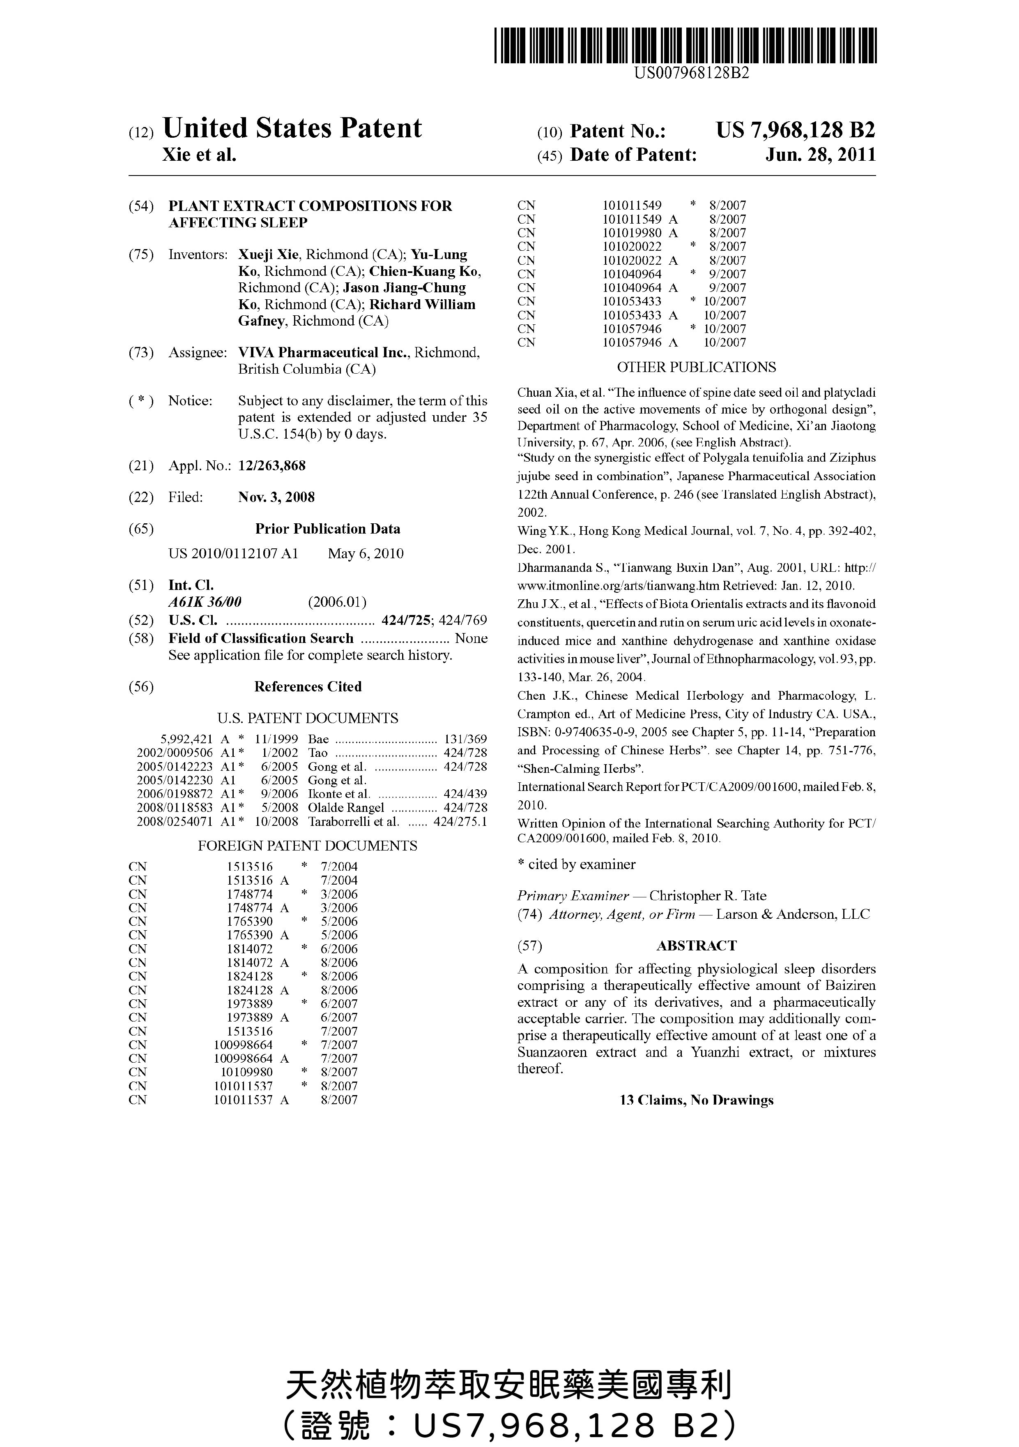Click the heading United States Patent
click(292, 129)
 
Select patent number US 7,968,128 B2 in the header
click(795, 130)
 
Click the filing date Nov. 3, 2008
click(276, 497)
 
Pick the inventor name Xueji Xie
click(268, 254)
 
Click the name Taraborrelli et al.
click(353, 821)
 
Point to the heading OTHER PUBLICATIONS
click(696, 368)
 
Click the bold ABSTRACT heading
click(696, 945)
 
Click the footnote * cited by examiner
click(576, 864)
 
